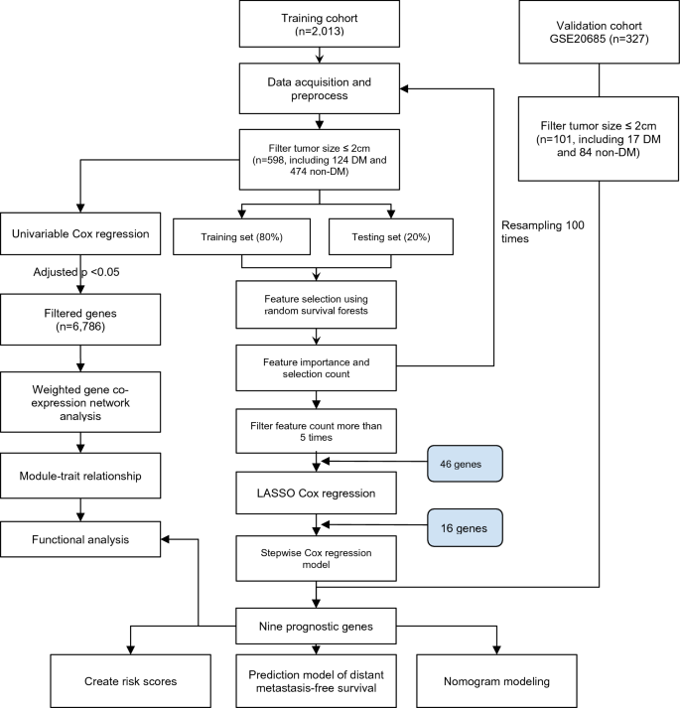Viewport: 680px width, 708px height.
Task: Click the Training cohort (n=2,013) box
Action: click(320, 24)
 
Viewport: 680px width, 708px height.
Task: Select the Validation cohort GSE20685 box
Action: click(600, 32)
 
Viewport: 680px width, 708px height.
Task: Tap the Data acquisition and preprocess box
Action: click(320, 88)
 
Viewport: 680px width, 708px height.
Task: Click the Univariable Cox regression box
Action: click(80, 234)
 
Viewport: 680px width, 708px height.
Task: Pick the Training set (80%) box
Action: click(241, 237)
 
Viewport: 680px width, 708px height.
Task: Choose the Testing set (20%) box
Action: click(391, 237)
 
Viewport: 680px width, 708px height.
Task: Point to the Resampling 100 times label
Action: click(543, 231)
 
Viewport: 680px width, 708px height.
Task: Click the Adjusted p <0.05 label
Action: click(76, 272)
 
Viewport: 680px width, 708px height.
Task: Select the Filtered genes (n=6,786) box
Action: click(80, 320)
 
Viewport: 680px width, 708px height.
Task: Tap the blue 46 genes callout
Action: click(465, 464)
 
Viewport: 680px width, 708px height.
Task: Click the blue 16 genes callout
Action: click(465, 528)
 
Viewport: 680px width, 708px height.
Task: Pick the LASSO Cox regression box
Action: click(316, 494)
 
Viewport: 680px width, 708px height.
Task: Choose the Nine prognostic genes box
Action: click(316, 627)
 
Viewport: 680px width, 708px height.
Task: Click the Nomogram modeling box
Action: click(496, 681)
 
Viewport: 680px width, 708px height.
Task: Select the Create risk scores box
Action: click(130, 681)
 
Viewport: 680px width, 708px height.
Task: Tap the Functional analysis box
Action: click(80, 539)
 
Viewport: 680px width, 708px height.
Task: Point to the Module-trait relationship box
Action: click(80, 476)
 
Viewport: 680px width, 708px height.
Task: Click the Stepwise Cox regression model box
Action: click(316, 558)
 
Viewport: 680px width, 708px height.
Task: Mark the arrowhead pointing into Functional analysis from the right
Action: click(165, 539)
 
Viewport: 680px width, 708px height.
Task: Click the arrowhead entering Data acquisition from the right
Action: click(405, 89)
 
